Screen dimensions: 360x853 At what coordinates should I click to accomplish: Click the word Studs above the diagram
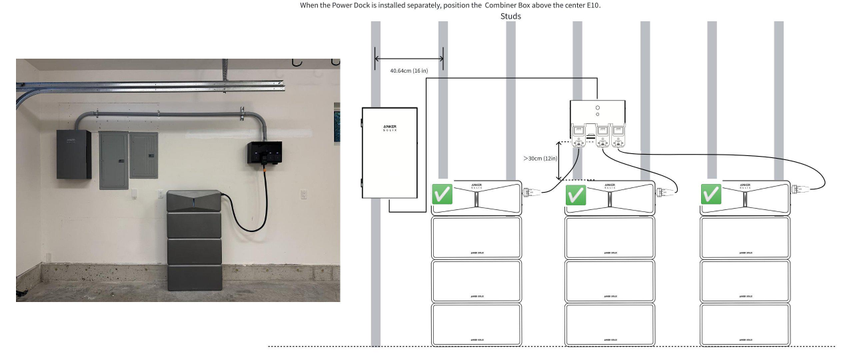pyautogui.click(x=510, y=16)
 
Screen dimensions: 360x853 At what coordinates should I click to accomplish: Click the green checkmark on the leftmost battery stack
pyautogui.click(x=442, y=195)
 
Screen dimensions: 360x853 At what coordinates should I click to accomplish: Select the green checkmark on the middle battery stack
pyautogui.click(x=576, y=195)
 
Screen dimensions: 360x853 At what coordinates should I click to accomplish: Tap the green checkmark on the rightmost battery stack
pyautogui.click(x=711, y=195)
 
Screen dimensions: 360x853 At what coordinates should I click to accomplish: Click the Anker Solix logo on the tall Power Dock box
pyautogui.click(x=390, y=127)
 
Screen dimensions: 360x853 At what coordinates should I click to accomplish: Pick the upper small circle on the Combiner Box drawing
pyautogui.click(x=597, y=107)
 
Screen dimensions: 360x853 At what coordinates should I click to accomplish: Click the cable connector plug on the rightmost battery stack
pyautogui.click(x=796, y=190)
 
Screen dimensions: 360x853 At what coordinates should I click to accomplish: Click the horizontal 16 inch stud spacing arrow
pyautogui.click(x=409, y=59)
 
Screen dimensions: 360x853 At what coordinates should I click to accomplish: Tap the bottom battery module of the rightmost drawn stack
pyautogui.click(x=744, y=325)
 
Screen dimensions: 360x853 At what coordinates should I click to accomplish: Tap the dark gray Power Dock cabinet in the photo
pyautogui.click(x=73, y=154)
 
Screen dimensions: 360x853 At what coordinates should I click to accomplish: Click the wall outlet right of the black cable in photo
pyautogui.click(x=304, y=195)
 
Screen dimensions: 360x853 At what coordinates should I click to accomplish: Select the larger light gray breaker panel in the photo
pyautogui.click(x=114, y=160)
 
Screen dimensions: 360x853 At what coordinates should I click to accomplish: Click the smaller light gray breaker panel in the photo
pyautogui.click(x=144, y=155)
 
